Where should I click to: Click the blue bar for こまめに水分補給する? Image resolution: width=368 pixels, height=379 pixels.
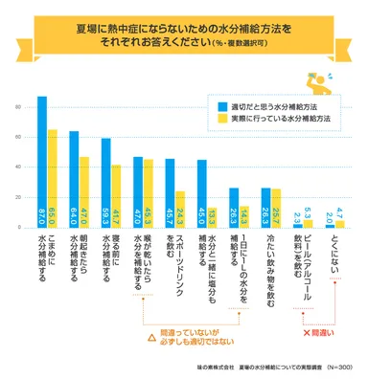point(41,163)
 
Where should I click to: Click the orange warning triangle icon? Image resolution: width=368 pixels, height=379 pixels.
point(150,337)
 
